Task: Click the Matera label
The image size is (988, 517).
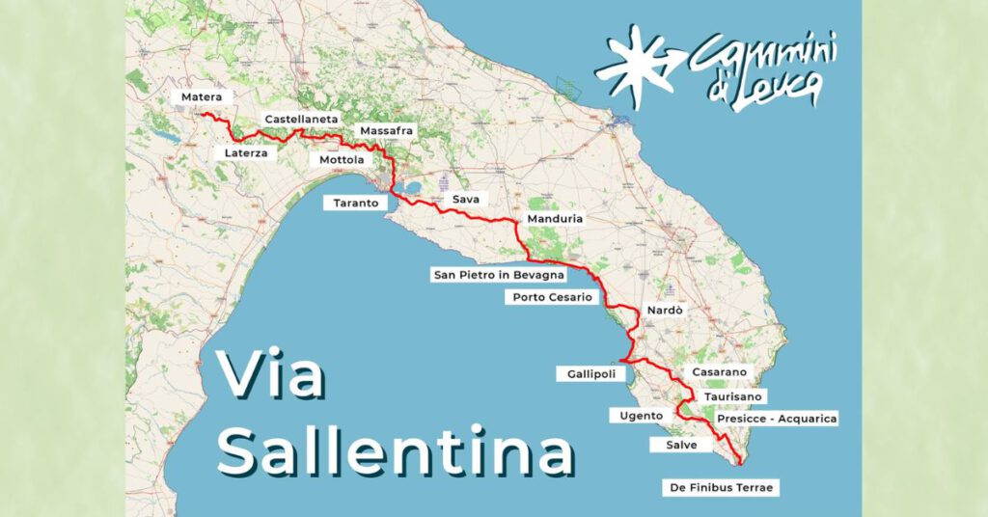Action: [x=201, y=96]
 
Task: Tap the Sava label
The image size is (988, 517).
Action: [x=465, y=199]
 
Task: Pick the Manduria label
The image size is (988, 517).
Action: [x=555, y=219]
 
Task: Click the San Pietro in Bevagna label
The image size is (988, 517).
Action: [x=498, y=275]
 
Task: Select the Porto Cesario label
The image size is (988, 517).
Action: [x=552, y=297]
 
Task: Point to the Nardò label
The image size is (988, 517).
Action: [x=665, y=311]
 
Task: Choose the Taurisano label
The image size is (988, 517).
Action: [x=733, y=395]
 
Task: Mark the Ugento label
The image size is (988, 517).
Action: [x=636, y=416]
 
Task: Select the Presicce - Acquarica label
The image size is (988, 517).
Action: [x=777, y=418]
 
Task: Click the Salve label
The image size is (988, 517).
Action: [x=681, y=445]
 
